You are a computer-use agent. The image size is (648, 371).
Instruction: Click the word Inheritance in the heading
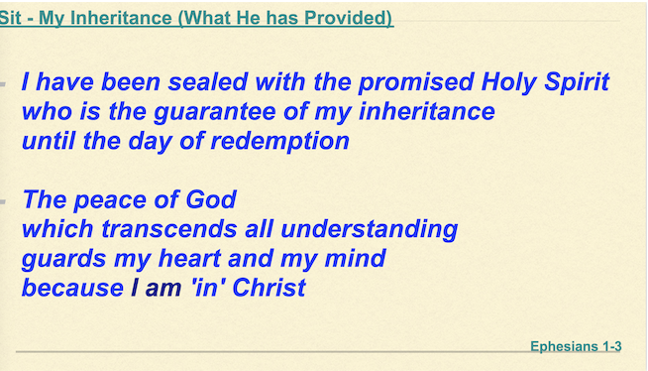121,18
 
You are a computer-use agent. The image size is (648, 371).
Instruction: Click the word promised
416,82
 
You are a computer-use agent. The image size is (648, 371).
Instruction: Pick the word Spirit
577,82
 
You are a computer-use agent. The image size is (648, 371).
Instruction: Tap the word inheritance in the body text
426,111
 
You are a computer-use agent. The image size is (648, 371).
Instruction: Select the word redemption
280,142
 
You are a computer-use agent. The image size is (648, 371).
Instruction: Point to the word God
211,199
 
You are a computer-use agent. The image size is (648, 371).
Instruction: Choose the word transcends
169,229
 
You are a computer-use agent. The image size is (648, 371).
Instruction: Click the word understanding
369,229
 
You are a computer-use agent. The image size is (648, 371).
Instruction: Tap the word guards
63,259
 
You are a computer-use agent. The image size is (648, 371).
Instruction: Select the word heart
189,259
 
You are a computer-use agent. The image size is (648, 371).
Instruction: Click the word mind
355,259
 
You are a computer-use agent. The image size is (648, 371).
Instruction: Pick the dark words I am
157,288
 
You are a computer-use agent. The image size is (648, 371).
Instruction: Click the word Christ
269,288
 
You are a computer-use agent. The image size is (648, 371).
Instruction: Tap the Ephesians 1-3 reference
576,346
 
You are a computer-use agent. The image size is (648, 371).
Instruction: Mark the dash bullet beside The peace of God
3,201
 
